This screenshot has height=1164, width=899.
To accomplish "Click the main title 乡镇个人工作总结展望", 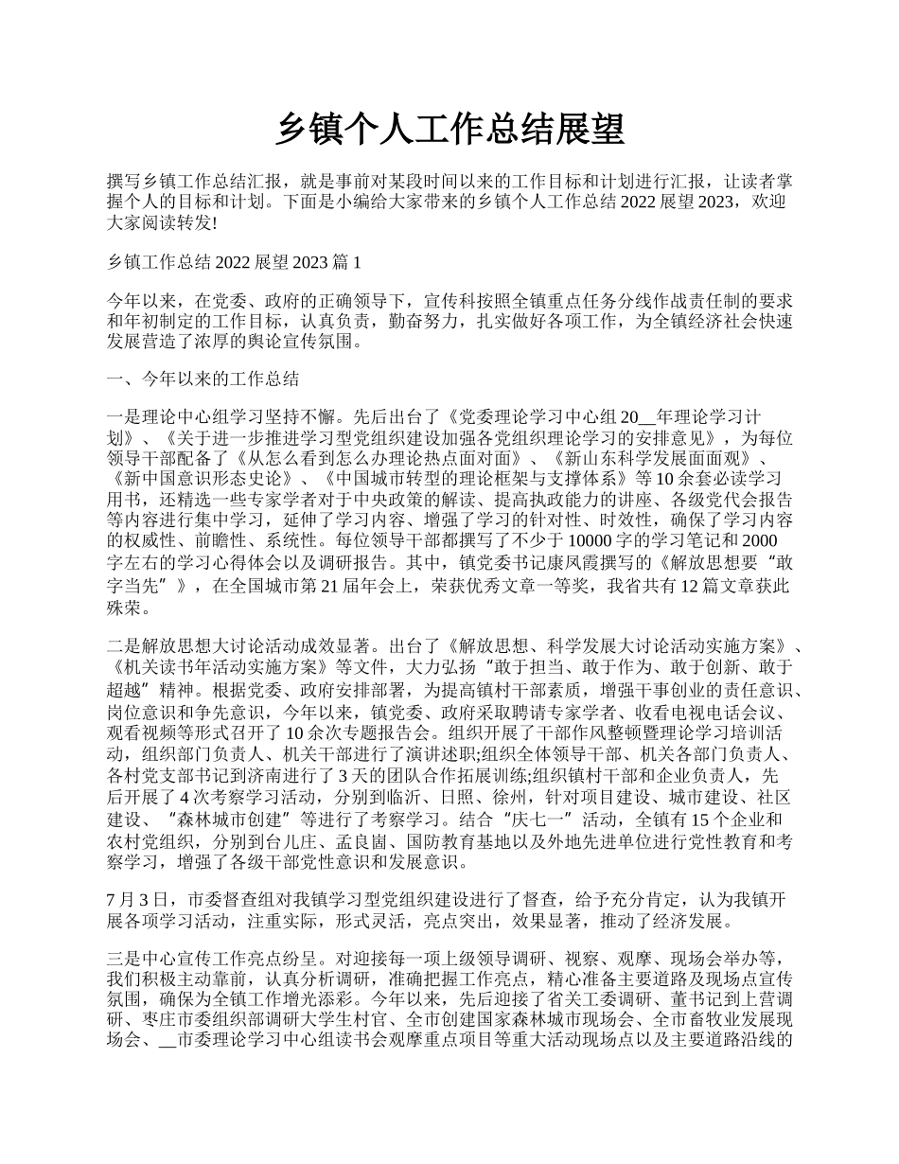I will (449, 130).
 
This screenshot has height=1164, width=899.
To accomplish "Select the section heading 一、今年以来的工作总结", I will (203, 379).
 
